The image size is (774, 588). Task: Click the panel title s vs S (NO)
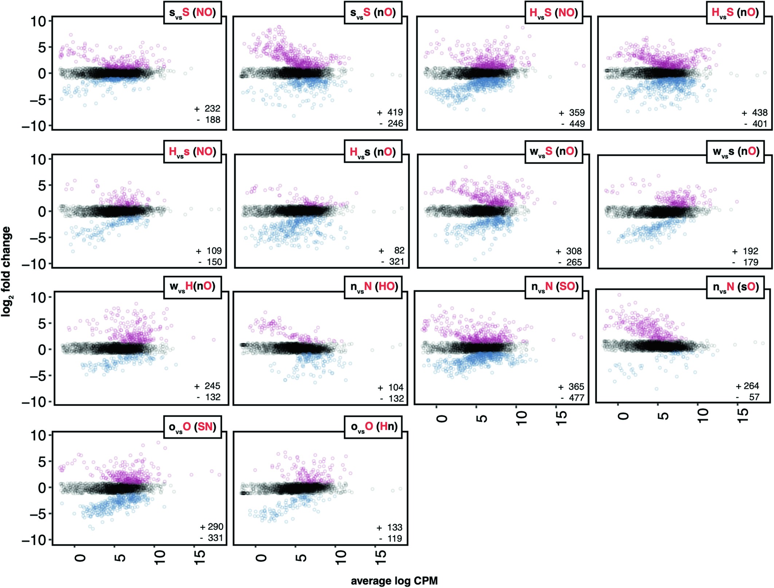point(192,13)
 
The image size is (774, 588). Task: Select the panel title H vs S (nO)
point(735,13)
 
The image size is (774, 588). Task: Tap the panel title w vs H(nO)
point(192,287)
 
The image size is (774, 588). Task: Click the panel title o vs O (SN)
point(192,427)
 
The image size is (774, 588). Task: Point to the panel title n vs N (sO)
point(735,287)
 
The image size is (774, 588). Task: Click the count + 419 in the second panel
point(390,113)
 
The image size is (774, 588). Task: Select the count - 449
point(573,124)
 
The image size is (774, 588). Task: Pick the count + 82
point(392,250)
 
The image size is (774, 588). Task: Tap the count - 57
point(748,397)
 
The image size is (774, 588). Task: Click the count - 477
point(573,398)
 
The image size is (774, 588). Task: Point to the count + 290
point(212,527)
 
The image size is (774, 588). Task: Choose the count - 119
point(390,538)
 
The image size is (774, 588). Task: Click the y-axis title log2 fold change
point(6,271)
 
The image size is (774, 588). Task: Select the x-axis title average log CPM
point(394,581)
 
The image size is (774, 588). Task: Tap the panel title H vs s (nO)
point(373,152)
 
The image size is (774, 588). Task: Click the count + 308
point(569,251)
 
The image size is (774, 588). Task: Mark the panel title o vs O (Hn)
point(374,427)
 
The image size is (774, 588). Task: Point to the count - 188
point(209,120)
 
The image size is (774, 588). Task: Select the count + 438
point(755,113)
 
